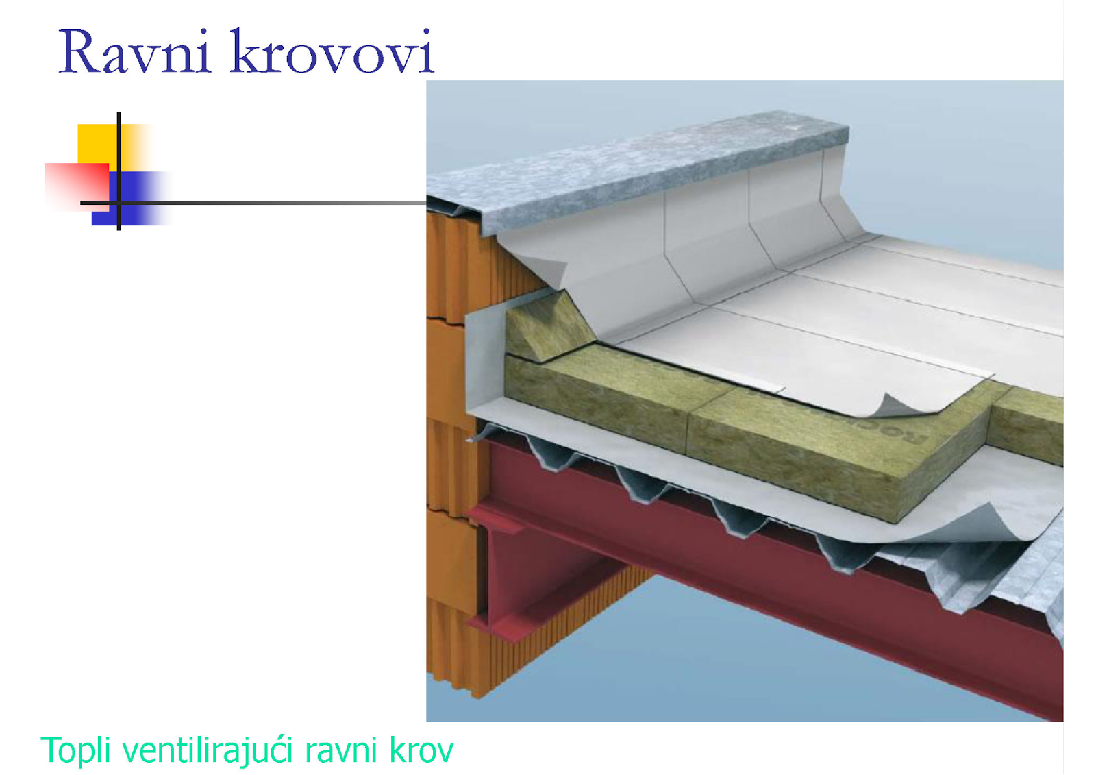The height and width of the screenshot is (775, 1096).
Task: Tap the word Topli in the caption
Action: click(75, 750)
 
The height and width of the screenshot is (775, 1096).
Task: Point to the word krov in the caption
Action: click(421, 750)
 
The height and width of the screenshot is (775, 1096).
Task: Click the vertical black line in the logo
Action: click(119, 171)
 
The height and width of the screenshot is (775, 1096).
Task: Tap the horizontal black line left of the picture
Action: click(274, 203)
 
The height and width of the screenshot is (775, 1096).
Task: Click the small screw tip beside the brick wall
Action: click(471, 439)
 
